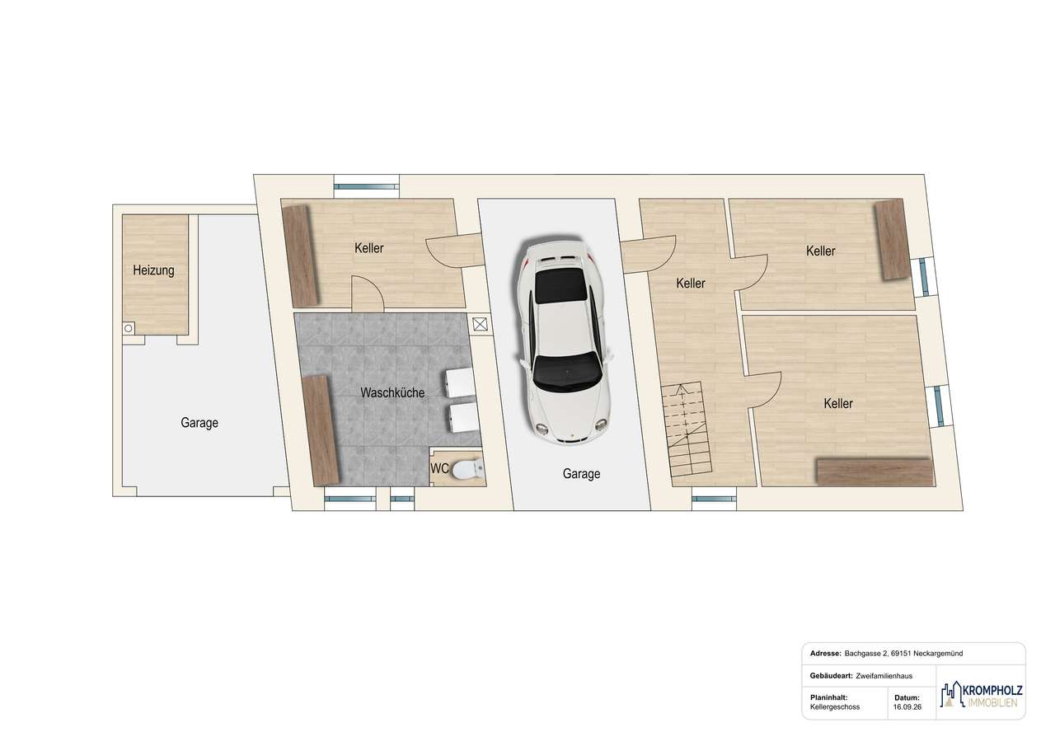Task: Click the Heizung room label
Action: click(153, 270)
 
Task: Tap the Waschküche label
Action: click(392, 392)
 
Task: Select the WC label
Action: click(439, 468)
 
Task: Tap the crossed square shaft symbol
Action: click(480, 324)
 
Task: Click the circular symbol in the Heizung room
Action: click(128, 328)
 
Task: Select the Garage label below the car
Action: click(581, 474)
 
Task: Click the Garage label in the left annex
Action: click(199, 423)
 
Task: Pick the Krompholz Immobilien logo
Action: click(981, 702)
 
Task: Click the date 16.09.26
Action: click(907, 707)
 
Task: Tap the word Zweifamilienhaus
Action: click(884, 676)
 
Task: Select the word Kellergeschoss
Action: click(835, 707)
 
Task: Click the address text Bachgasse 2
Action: click(865, 653)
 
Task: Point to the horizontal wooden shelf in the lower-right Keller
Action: click(875, 472)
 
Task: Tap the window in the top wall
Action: click(367, 186)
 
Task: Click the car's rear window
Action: click(561, 286)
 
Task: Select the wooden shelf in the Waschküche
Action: click(321, 429)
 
